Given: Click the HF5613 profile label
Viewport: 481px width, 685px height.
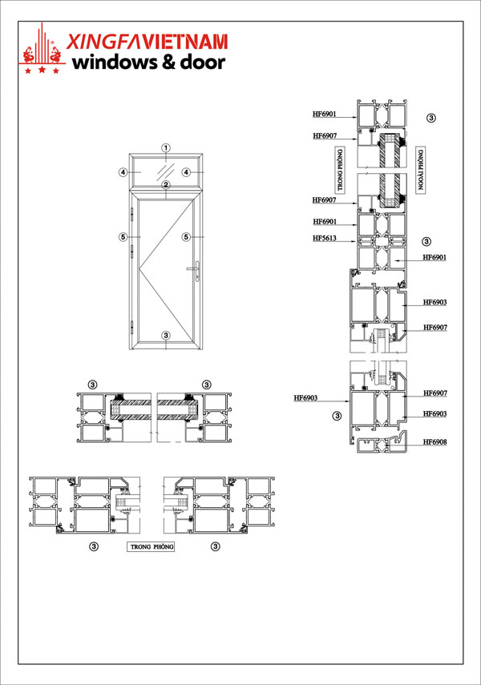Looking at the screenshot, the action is (x=325, y=239).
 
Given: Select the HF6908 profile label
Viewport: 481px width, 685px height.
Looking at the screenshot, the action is (x=435, y=442).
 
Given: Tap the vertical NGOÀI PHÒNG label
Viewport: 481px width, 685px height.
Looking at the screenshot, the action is (x=421, y=170).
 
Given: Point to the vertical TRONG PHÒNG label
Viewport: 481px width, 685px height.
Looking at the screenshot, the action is (x=340, y=170).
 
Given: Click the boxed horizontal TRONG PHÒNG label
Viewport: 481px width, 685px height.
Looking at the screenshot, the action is (x=152, y=546).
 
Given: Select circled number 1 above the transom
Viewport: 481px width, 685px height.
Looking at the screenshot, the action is (x=166, y=148).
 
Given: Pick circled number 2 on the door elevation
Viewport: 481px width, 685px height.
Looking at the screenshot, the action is (x=166, y=185).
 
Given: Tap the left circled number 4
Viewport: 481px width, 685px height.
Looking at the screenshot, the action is (x=123, y=172).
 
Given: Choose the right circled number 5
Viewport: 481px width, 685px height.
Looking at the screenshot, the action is (x=186, y=237).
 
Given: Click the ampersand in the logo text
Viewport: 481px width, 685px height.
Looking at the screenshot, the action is (x=168, y=62).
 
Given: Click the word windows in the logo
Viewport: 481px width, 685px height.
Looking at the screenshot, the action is (x=115, y=62).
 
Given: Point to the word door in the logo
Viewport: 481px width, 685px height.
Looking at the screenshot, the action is (x=203, y=62).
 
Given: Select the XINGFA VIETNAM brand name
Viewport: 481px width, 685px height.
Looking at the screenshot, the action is (x=147, y=42).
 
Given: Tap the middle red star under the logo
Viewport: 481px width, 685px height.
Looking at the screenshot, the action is (x=42, y=69).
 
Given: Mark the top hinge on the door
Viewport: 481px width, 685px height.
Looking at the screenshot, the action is (x=131, y=213).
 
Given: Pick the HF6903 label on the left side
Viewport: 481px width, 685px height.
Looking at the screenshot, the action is (x=305, y=398).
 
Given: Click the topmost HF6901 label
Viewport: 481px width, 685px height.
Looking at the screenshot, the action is (x=325, y=114).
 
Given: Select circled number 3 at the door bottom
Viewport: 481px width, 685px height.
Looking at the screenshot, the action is (x=166, y=336).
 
